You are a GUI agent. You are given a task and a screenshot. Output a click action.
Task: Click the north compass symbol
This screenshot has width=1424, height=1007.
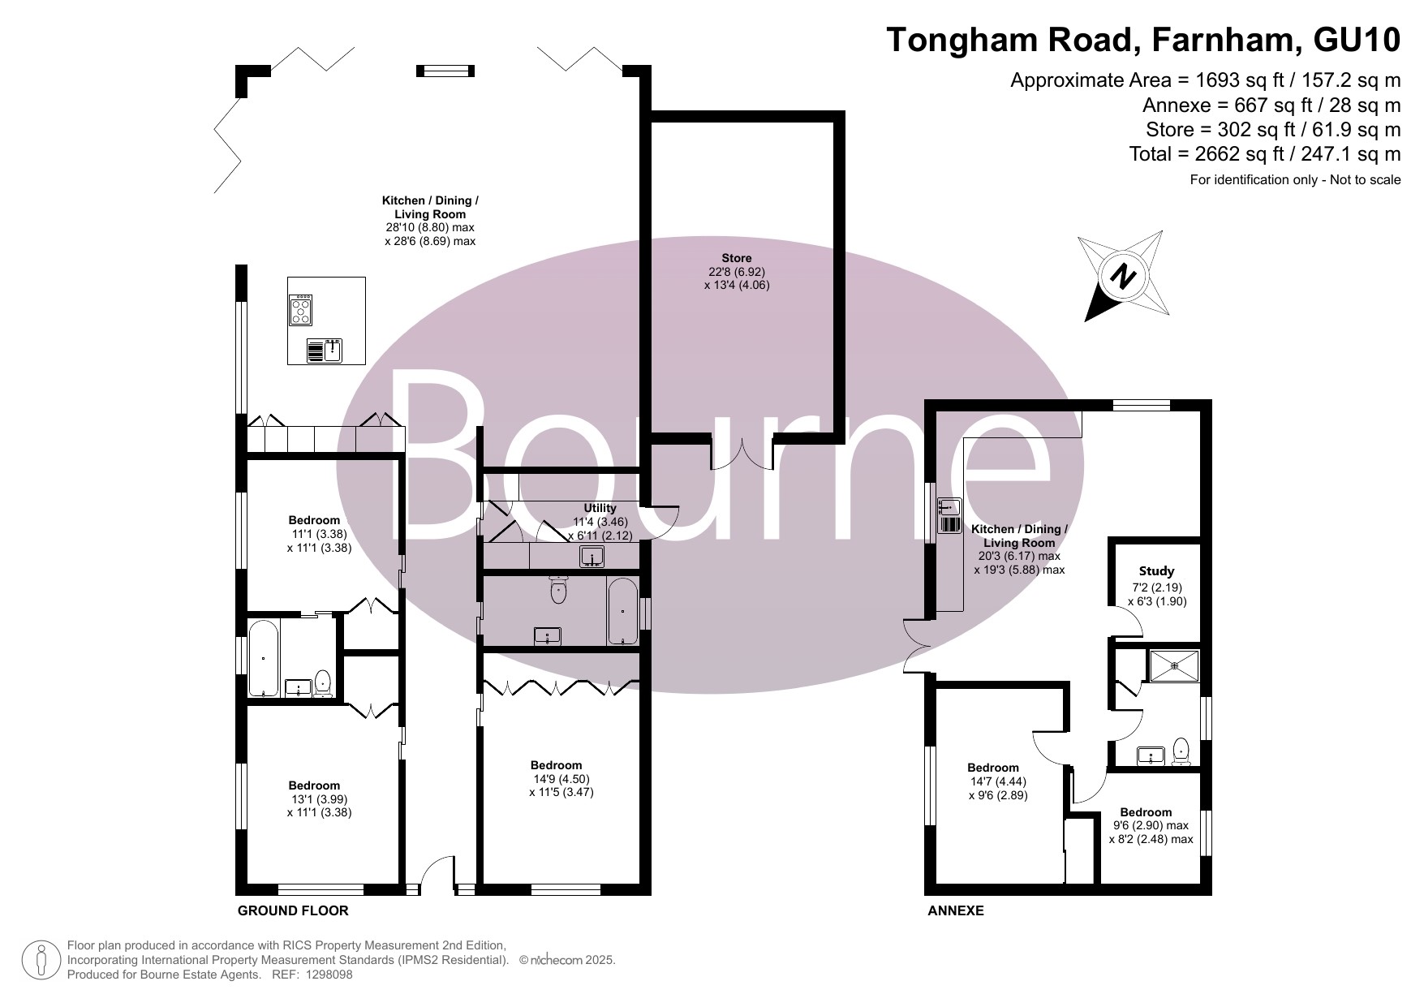[x=1124, y=276]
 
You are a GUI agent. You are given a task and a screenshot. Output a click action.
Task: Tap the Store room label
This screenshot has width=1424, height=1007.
[x=737, y=258]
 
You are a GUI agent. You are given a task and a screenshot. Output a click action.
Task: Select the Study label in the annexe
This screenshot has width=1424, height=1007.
[x=1156, y=571]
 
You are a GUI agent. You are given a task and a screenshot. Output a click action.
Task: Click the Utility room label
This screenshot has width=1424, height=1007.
[x=600, y=508]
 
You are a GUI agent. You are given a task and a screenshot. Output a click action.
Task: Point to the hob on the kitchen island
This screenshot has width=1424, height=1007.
[x=300, y=309]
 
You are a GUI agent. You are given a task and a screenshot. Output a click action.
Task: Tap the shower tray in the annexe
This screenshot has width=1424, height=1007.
[x=1173, y=665]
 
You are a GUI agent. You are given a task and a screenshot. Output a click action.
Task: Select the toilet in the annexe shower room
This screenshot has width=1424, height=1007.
[x=1181, y=751]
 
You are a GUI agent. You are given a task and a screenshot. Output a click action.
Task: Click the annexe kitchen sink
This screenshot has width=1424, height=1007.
[x=949, y=515]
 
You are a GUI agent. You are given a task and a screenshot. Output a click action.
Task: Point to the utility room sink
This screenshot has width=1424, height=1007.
[x=592, y=557]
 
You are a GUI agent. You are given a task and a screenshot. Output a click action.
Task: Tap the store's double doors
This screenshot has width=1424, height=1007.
[x=742, y=453]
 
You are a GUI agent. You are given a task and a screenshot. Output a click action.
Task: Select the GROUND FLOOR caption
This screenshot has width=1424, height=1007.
[x=293, y=910]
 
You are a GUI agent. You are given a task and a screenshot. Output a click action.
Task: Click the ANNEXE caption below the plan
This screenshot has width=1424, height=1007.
[x=956, y=910]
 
